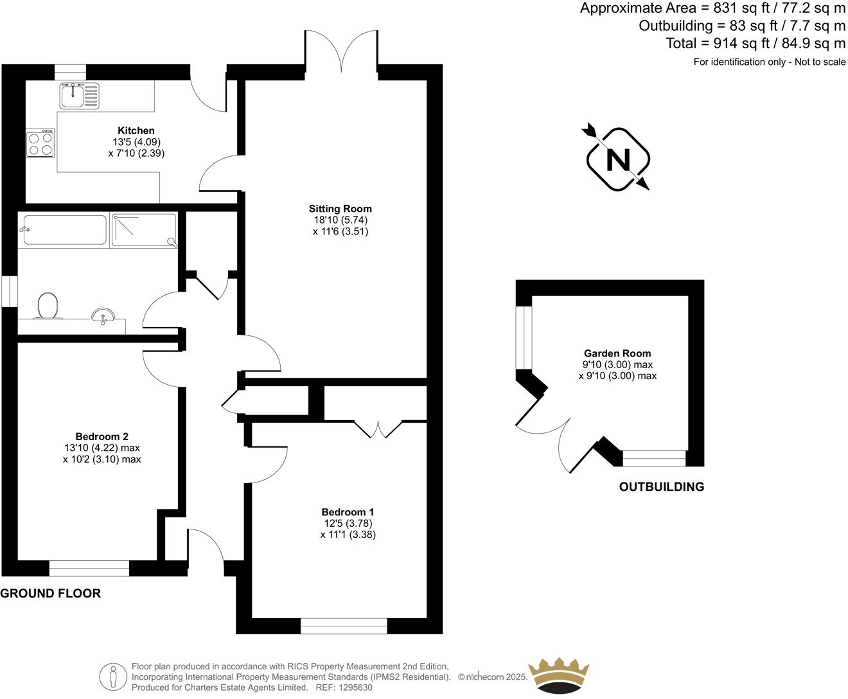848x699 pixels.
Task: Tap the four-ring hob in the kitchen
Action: [x=40, y=143]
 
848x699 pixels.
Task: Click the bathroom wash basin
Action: [x=103, y=316]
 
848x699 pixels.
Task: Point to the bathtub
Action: [x=64, y=230]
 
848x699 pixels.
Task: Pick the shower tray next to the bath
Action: [x=144, y=230]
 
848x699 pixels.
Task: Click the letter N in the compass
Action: [x=618, y=159]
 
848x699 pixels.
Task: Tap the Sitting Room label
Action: [x=340, y=208]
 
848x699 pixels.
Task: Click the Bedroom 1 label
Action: [x=348, y=512]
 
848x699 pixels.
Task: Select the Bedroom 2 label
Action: [x=102, y=436]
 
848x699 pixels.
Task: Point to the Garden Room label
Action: [x=617, y=353]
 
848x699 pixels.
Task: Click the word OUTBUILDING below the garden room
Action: [x=661, y=487]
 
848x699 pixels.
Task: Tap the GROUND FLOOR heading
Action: [x=50, y=593]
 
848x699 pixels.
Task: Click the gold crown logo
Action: [x=558, y=675]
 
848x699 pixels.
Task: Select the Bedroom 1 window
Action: [x=344, y=626]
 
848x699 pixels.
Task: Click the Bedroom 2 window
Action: [x=89, y=568]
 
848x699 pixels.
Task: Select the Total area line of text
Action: [x=755, y=44]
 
